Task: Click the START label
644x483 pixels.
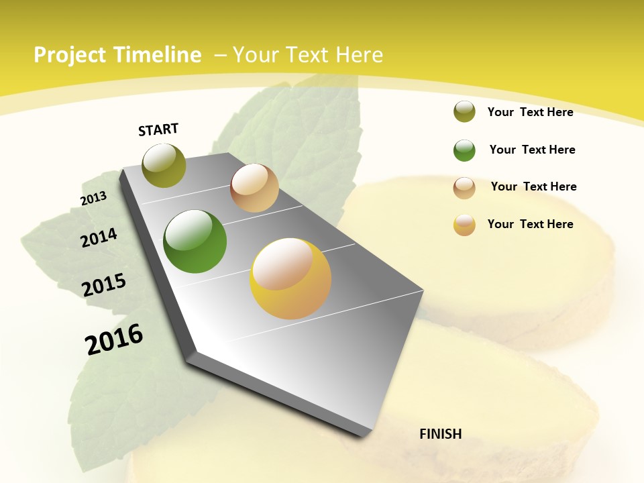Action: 158,129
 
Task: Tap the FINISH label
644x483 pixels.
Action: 440,434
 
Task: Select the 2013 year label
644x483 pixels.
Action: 93,199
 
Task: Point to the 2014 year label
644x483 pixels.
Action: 99,237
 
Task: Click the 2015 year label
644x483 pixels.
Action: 104,284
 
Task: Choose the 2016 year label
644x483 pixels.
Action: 114,339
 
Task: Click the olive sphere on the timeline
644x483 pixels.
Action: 164,165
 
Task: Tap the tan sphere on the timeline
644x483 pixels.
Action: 254,188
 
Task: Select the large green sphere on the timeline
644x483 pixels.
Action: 195,241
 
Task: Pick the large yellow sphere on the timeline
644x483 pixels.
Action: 290,278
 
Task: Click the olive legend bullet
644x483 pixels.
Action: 464,111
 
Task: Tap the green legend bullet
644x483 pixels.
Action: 464,150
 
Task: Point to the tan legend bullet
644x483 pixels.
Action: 464,187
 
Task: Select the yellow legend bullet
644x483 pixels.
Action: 464,225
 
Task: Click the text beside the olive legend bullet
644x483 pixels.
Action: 530,112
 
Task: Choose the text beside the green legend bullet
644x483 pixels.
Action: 532,150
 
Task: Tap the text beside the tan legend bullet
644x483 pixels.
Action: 533,186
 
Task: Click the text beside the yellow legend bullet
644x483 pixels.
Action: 530,224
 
